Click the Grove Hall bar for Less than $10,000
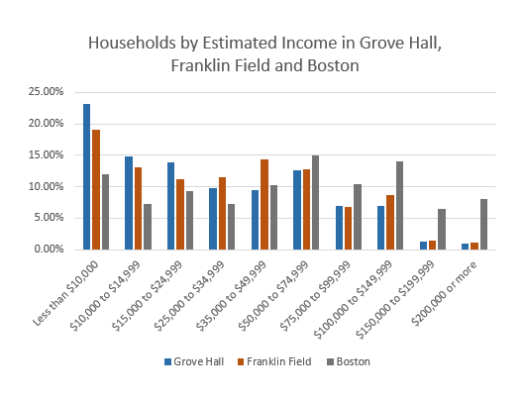pos(87,176)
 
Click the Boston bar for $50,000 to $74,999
pos(316,202)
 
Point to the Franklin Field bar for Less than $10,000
pos(96,189)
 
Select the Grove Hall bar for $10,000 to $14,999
pos(129,203)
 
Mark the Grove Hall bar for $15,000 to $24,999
pos(170,206)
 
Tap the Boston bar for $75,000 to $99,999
pos(358,216)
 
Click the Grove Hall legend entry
pos(194,362)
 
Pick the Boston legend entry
pos(347,362)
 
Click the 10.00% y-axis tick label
pos(47,186)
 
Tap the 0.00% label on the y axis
pos(50,250)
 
